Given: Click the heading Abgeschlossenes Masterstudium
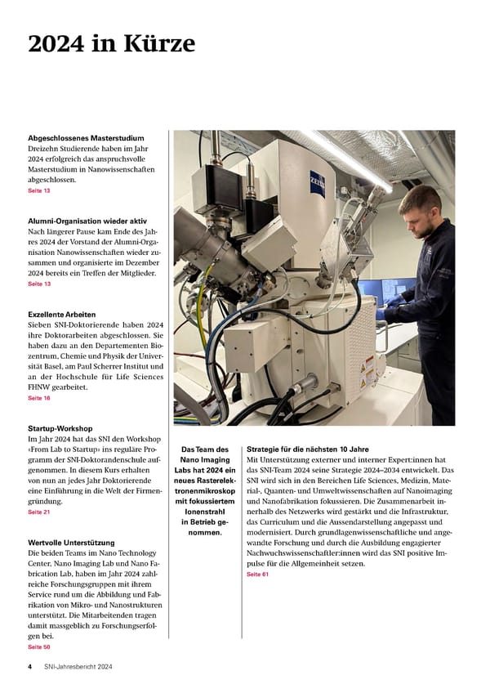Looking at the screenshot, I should [x=87, y=138].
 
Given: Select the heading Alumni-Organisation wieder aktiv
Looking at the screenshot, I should [x=87, y=221].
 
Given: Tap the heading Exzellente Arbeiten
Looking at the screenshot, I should [x=62, y=314].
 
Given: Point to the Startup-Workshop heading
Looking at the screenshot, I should [x=60, y=427].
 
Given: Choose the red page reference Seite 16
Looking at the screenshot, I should [x=39, y=398].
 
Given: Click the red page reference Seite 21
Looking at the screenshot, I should [x=39, y=512].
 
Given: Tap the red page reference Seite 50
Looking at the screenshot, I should [x=39, y=646].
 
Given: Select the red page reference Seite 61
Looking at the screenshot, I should [x=257, y=575].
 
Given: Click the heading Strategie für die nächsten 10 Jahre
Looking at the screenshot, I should [x=307, y=449].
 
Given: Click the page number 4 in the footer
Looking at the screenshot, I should [x=30, y=667].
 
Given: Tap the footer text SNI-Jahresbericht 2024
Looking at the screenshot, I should [x=78, y=667].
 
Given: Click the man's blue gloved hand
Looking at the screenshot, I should [x=381, y=313].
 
